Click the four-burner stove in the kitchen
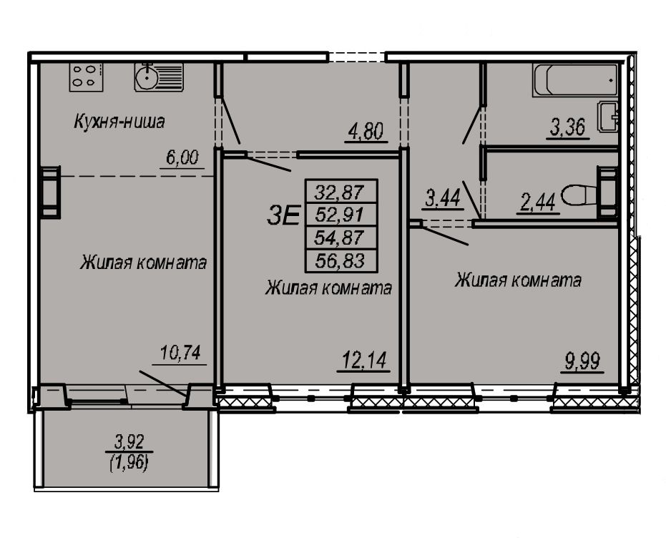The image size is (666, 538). coord(83,77)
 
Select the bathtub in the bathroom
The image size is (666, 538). coord(575,78)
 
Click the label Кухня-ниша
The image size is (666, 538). coord(119,122)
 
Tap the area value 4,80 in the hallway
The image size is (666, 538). coord(366,132)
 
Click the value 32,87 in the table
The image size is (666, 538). coord(341,192)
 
